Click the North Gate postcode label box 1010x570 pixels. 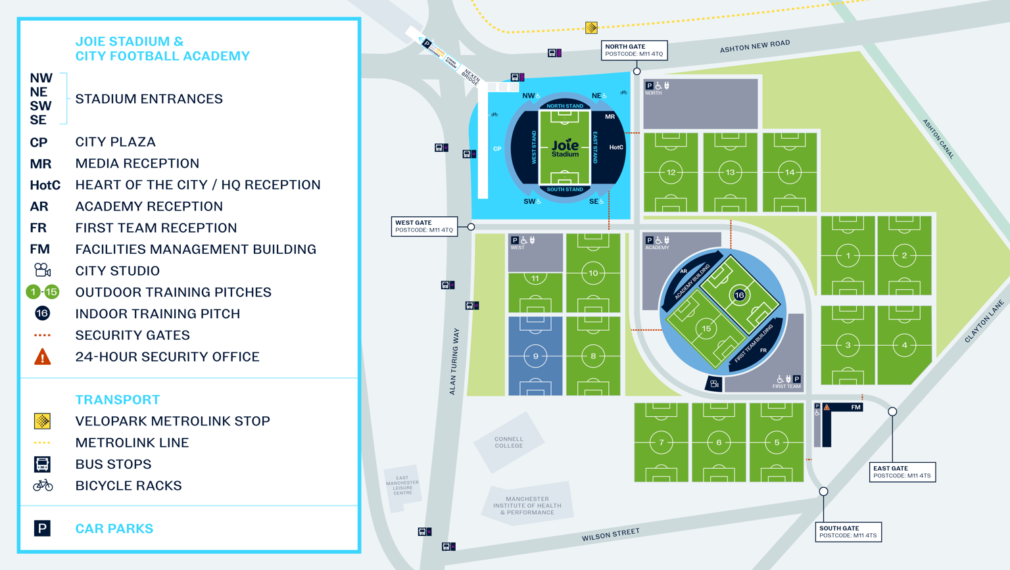(x=634, y=50)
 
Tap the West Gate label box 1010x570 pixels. (x=424, y=226)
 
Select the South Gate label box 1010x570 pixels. (x=848, y=531)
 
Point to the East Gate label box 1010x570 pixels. (x=902, y=472)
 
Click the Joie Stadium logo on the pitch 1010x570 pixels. (x=565, y=147)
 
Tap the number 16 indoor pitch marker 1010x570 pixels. (x=739, y=295)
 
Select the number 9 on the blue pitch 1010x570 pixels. (x=535, y=356)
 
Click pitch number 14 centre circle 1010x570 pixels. (x=790, y=172)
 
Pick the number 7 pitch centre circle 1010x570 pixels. (x=661, y=442)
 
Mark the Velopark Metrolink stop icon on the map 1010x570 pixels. (x=591, y=28)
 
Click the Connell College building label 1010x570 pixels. (x=509, y=442)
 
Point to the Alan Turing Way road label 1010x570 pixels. (x=454, y=362)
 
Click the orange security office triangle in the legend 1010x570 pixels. (x=42, y=357)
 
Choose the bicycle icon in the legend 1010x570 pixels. (x=43, y=486)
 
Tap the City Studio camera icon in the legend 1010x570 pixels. (x=42, y=270)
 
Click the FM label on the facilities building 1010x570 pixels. (x=855, y=408)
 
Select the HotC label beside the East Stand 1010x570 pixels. (x=615, y=147)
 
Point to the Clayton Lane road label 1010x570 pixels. (x=984, y=321)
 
